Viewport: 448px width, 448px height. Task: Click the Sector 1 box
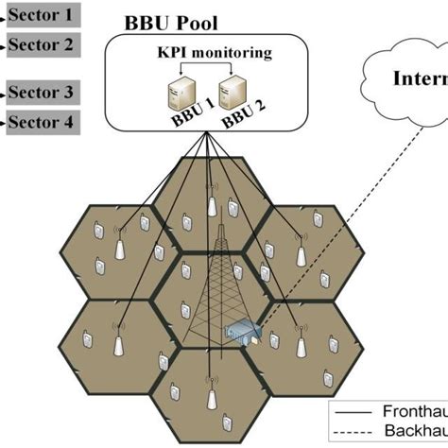[41, 15]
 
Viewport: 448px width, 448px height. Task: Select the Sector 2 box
[41, 44]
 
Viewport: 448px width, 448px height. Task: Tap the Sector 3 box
[41, 93]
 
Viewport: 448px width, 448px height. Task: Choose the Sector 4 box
[41, 122]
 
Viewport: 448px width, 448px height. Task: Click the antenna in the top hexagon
[212, 206]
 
